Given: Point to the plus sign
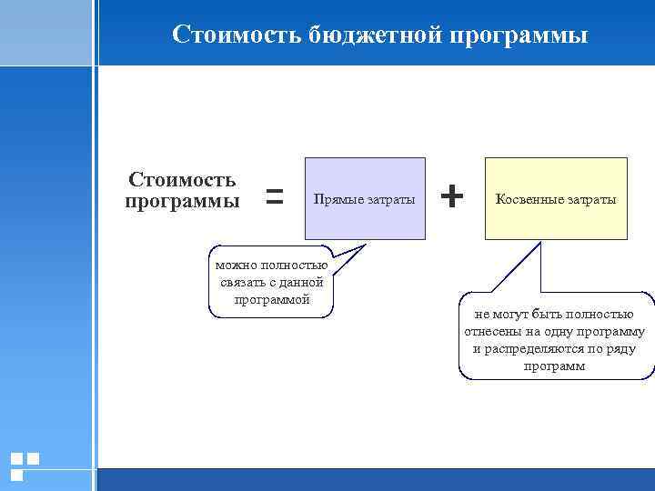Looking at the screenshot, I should (x=452, y=195).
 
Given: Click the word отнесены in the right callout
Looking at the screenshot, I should (x=496, y=331).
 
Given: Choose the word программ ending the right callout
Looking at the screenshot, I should (x=555, y=366).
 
